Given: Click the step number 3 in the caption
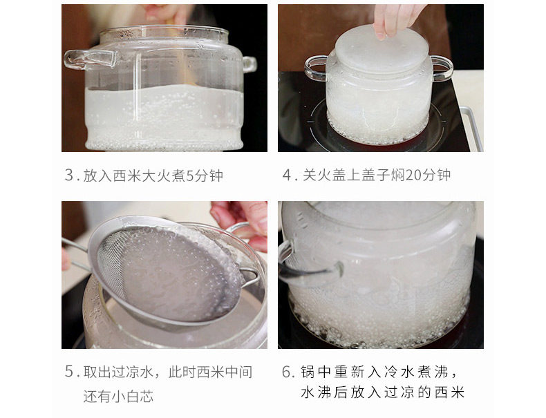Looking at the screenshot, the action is click(69, 175).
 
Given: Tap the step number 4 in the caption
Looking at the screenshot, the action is click(287, 175).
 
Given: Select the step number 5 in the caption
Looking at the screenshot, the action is click(69, 372).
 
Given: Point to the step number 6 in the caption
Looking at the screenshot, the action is click(287, 372).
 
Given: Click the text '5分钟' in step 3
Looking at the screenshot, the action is click(205, 175).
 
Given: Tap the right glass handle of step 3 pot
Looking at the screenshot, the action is click(250, 64).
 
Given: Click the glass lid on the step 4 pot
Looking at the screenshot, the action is click(382, 49).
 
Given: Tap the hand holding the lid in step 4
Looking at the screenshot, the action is click(397, 19).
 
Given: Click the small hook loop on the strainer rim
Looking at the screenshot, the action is click(250, 276).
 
